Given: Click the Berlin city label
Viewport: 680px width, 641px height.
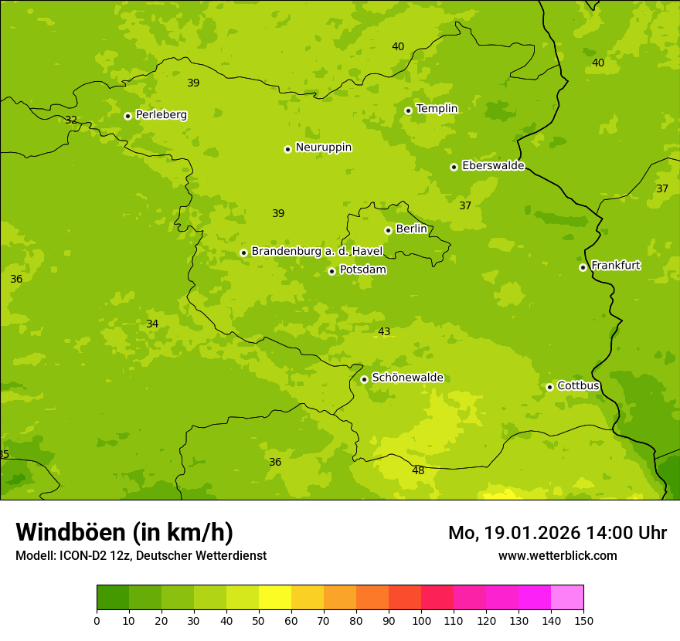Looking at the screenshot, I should [x=411, y=229].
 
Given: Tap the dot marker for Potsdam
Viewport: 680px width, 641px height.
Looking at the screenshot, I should [x=331, y=271].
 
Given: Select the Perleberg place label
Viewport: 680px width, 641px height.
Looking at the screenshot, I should [x=161, y=115].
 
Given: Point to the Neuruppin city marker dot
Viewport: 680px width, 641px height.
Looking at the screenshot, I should [x=287, y=149].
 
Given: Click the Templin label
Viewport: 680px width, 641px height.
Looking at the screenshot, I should [x=437, y=109].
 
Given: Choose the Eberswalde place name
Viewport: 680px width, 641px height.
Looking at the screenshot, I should [x=493, y=166].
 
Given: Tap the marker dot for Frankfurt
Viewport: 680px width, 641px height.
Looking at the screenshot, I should [x=583, y=267].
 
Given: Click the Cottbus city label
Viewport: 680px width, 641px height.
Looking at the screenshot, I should [x=578, y=385].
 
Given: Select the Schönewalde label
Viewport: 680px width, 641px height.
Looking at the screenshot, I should [x=407, y=378].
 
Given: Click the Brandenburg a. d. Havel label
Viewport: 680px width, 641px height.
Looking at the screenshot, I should [x=317, y=252].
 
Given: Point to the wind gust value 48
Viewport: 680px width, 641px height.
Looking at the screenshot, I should [x=418, y=470].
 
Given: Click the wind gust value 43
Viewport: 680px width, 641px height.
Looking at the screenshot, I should [x=384, y=331].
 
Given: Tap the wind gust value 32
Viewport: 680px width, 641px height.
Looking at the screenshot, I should [x=71, y=120].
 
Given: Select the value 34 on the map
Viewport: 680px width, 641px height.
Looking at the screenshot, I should [x=152, y=324].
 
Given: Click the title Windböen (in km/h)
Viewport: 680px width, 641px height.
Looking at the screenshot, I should [x=124, y=532].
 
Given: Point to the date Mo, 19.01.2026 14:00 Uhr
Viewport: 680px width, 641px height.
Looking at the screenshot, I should [x=557, y=533].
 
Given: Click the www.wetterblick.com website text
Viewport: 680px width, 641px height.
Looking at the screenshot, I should [x=557, y=555].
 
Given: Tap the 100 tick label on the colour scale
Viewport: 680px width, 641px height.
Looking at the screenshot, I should [x=421, y=620].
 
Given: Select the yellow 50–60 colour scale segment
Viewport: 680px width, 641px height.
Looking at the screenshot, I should [x=275, y=598].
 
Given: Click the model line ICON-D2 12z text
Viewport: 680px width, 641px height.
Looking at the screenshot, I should [x=141, y=555].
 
